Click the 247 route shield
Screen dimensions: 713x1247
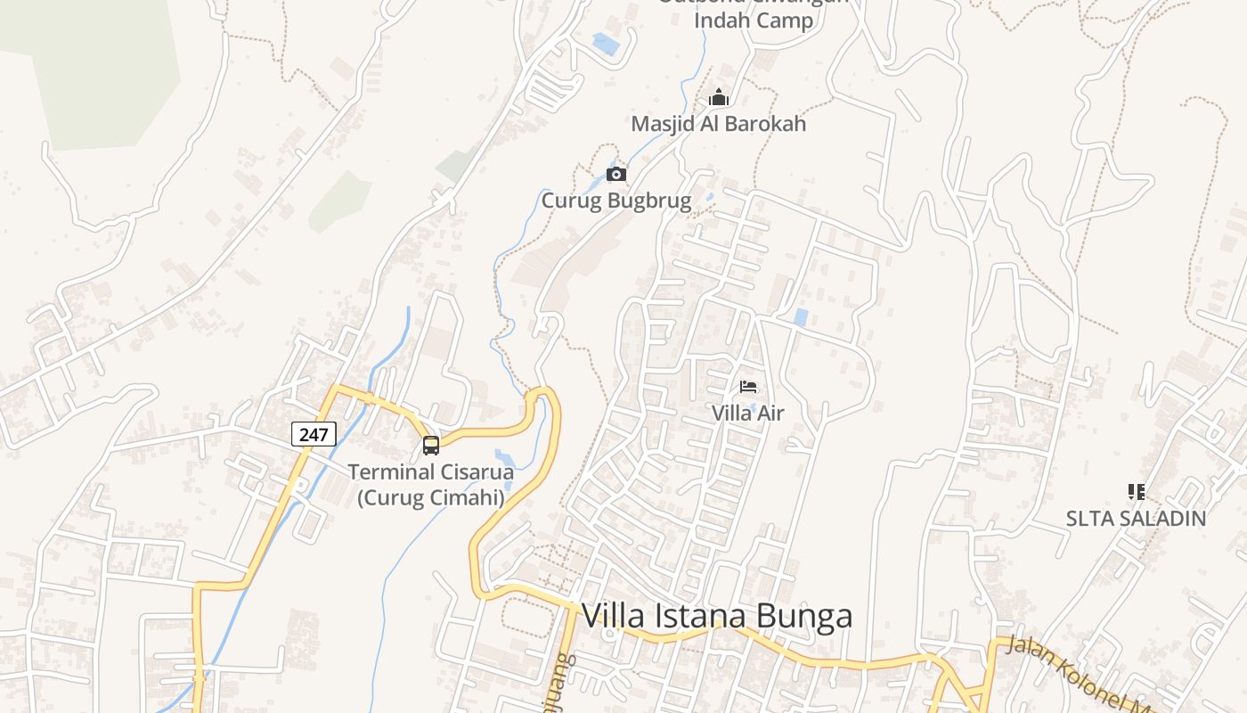[314, 434]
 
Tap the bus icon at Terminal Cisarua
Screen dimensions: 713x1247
[431, 445]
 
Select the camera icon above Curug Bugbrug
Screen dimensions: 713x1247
[615, 174]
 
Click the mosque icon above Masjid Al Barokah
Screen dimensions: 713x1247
[718, 98]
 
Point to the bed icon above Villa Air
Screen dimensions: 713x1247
[748, 387]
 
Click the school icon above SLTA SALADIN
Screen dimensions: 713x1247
[1136, 491]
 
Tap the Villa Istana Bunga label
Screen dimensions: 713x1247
[716, 616]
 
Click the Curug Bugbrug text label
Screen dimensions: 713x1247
[616, 201]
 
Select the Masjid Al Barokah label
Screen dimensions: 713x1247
[718, 124]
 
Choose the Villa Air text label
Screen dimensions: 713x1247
[747, 413]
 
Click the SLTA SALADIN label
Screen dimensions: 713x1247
[1136, 518]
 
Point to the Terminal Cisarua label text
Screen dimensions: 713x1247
[431, 471]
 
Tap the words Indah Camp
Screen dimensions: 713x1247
[754, 20]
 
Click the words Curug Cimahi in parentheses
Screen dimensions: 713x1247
[431, 497]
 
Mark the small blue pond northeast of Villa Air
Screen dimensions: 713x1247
[800, 316]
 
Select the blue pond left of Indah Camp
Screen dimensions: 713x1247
[606, 43]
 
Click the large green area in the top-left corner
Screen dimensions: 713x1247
[98, 71]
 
